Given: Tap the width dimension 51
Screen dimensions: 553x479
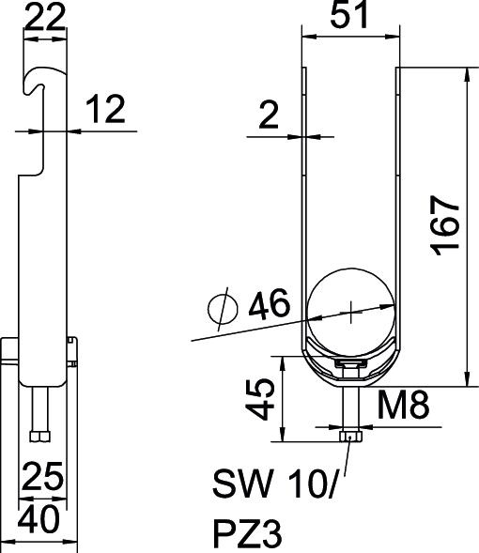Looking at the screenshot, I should point(348,17).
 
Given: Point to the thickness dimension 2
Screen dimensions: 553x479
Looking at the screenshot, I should point(270,115).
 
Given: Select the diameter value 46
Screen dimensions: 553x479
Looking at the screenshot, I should point(268,306).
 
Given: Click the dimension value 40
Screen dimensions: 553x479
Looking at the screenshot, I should point(40,517).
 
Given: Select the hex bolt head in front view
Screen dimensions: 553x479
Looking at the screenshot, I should point(349,436).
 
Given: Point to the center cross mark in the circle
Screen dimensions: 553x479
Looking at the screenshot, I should point(350,309).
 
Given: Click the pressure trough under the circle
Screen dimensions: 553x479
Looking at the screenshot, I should point(349,361).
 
